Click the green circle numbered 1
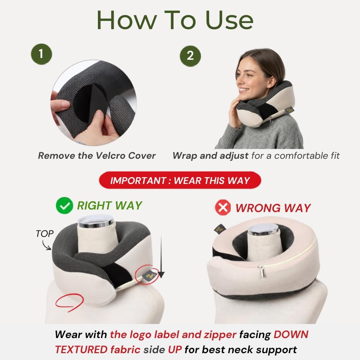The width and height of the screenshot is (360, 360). (x=41, y=54)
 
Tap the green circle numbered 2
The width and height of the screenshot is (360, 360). (x=190, y=56)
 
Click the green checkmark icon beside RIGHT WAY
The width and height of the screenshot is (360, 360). (x=64, y=206)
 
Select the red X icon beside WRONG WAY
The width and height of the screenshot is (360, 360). (x=223, y=207)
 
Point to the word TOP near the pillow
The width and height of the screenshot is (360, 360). (x=45, y=234)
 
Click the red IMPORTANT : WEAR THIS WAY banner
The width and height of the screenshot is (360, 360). (x=180, y=180)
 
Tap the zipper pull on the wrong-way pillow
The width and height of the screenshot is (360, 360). (x=261, y=271)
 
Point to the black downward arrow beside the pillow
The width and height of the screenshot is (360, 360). (x=161, y=257)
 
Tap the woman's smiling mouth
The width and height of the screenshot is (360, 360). (x=242, y=90)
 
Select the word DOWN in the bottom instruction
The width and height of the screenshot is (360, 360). (x=291, y=334)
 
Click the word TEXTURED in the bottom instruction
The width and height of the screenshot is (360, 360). (x=81, y=350)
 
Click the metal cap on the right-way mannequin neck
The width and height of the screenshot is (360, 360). (x=96, y=221)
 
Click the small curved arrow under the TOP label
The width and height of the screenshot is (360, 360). (x=46, y=246)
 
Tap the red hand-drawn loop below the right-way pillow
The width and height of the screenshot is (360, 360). (x=69, y=302)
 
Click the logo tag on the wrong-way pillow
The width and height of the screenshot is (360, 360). (x=220, y=229)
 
